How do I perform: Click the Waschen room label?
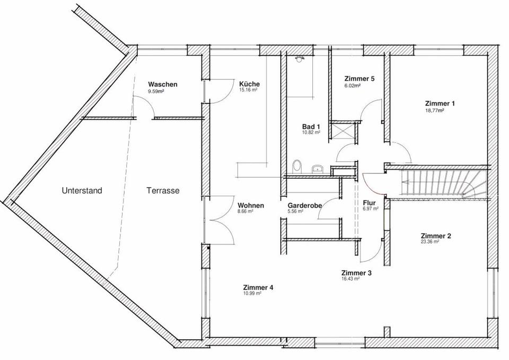coord(162,84)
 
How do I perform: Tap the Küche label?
coord(249,84)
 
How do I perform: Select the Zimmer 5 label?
coord(359,78)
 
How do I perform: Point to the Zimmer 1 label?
coord(440,103)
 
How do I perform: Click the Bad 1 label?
coord(311,127)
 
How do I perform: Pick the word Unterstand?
coord(82,190)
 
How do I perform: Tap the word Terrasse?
coord(163,190)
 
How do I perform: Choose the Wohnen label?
coord(250,205)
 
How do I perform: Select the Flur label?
coord(370,203)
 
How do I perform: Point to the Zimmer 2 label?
coord(436,236)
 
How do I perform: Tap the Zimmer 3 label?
coord(356,273)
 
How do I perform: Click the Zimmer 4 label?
coord(258,287)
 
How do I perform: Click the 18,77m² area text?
coord(434,111)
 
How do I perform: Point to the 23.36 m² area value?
coord(430,242)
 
